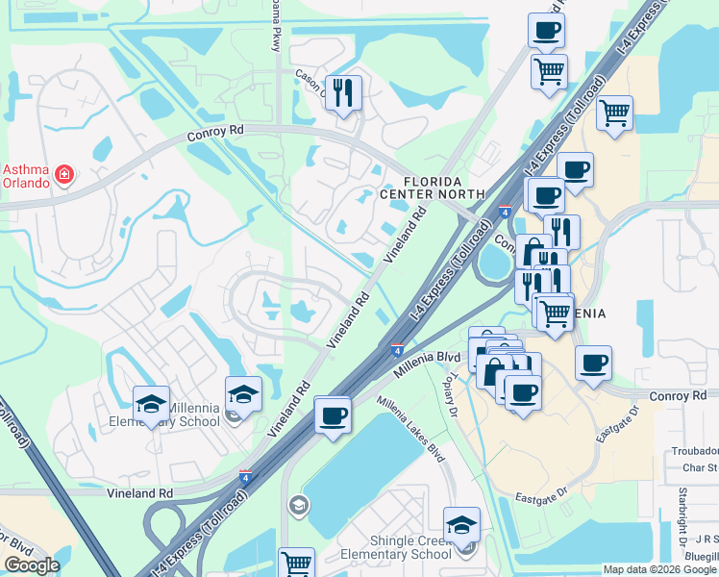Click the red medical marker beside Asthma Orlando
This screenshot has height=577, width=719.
click(x=64, y=175)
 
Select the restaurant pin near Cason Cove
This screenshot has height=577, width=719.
click(x=343, y=93)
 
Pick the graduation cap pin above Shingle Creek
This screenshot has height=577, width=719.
click(x=461, y=525)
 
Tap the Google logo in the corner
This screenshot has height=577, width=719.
click(x=32, y=564)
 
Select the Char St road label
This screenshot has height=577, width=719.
click(x=700, y=468)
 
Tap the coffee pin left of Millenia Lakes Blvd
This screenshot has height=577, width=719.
click(x=333, y=414)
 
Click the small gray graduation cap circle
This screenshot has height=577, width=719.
click(x=298, y=505)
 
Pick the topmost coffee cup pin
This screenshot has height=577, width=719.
click(x=546, y=30)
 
